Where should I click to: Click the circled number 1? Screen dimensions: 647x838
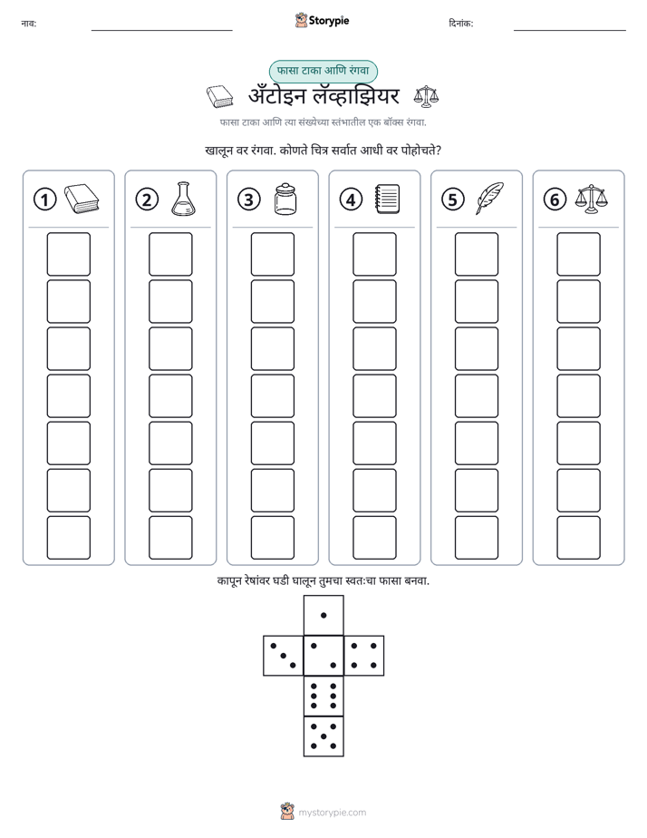(x=44, y=200)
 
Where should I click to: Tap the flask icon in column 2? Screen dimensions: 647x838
(x=183, y=199)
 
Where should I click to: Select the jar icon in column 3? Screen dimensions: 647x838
(x=285, y=199)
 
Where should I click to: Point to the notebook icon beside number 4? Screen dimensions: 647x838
(x=388, y=199)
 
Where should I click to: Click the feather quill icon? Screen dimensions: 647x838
(x=489, y=199)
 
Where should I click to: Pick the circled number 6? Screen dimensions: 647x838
(x=555, y=200)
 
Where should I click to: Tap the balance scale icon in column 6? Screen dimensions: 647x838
(x=592, y=199)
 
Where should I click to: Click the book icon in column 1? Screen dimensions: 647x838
(x=82, y=200)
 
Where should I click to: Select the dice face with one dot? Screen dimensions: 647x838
(x=323, y=615)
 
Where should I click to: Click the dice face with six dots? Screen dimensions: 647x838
(x=323, y=696)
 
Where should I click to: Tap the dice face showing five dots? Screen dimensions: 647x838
(x=323, y=736)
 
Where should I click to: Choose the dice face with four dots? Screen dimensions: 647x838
(x=364, y=656)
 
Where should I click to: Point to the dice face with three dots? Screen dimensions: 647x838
(x=283, y=656)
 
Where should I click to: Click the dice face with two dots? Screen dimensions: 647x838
(x=323, y=656)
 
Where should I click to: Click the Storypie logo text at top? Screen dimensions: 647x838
(x=329, y=21)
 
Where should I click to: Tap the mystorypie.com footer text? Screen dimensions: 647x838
(x=332, y=813)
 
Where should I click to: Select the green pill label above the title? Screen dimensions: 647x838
(x=323, y=71)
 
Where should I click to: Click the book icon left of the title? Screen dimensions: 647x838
(x=220, y=96)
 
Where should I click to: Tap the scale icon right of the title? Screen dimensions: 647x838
(x=426, y=95)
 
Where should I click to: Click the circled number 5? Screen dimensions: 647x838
(x=453, y=200)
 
